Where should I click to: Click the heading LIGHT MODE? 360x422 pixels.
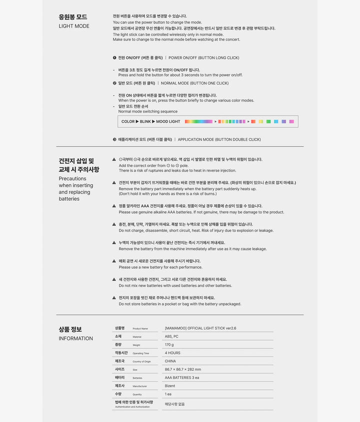coord(74,26)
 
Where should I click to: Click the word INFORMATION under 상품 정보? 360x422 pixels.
coord(75,338)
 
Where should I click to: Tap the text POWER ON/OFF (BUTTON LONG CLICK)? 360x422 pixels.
coord(203,58)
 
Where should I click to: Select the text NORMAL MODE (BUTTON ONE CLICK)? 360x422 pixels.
coord(194,83)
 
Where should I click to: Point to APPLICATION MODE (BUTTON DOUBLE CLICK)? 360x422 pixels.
coord(219,140)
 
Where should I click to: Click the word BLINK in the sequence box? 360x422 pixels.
coord(145,122)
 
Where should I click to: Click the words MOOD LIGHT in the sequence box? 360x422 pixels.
coord(168,122)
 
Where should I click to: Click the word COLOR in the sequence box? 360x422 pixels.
coord(128,122)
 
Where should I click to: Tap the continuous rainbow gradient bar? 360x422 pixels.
coord(198,122)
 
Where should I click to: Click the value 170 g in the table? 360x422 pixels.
coord(169,345)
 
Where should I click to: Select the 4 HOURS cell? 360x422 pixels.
coord(172,353)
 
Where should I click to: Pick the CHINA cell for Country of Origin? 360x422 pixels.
coord(170,361)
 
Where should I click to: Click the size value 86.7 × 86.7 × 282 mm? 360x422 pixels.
coord(183,369)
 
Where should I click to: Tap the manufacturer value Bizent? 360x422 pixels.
coord(170,386)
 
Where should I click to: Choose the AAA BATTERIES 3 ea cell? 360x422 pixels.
coord(182,377)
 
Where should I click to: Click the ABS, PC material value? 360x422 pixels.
coord(171,336)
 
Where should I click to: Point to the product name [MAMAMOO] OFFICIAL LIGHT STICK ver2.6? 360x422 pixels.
coord(200,328)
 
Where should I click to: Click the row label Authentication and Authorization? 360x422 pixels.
coord(132,407)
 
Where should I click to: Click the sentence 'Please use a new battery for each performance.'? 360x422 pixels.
coord(160,267)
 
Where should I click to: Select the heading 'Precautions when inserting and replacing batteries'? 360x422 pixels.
coord(76,189)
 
